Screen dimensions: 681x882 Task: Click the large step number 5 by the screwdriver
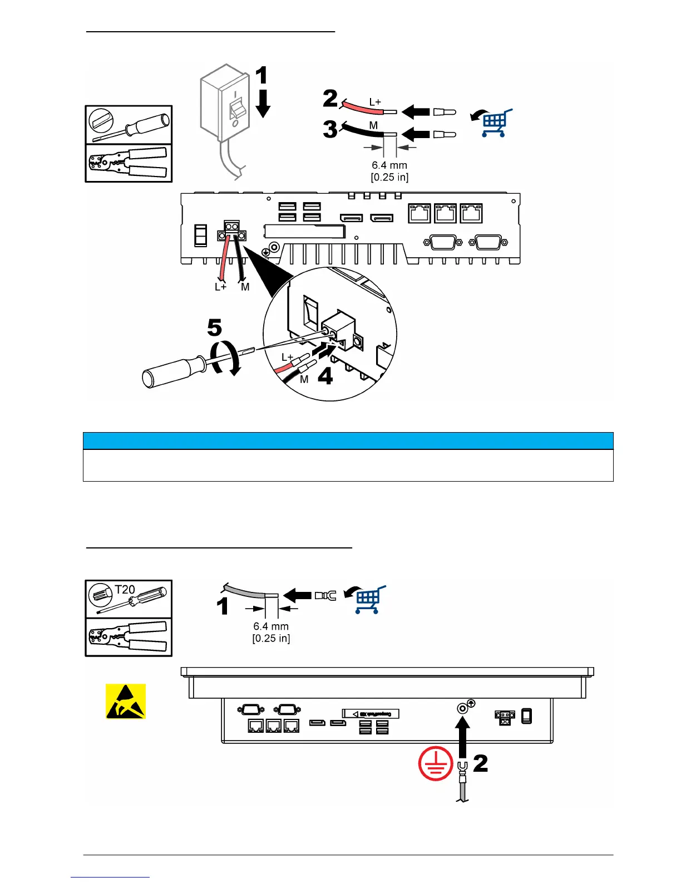[x=214, y=328]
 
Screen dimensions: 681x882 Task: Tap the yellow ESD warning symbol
[x=126, y=701]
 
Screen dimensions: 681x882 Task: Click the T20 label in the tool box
[x=125, y=589]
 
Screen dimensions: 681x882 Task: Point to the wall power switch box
[x=222, y=109]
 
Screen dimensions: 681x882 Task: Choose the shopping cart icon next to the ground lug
[x=367, y=599]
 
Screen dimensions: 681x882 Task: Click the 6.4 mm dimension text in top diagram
[x=389, y=165]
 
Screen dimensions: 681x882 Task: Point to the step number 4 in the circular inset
[x=325, y=377]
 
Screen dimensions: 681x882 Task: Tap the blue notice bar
[x=348, y=440]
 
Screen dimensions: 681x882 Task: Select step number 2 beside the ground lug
[x=480, y=763]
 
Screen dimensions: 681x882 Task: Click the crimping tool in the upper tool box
[x=129, y=163]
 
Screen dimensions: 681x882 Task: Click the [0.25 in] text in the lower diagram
[x=271, y=638]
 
